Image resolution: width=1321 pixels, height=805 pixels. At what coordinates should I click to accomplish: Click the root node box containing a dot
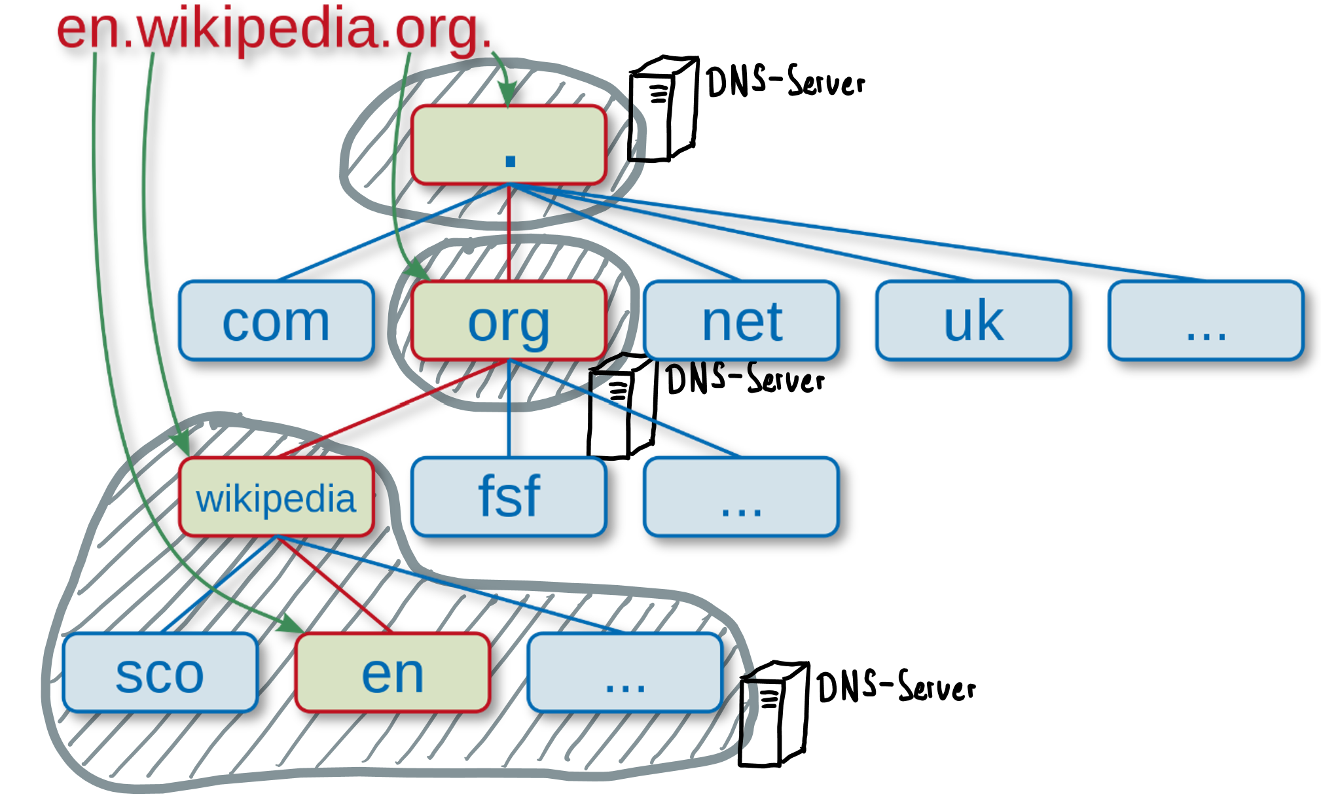509,145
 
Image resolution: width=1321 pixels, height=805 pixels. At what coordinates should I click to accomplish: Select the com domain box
276,321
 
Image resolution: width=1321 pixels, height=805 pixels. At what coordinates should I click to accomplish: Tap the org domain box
509,321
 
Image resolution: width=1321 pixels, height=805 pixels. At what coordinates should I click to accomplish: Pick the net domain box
741,321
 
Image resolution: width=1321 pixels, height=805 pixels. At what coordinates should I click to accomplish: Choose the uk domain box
973,321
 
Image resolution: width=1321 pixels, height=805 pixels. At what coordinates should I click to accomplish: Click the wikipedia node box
276,497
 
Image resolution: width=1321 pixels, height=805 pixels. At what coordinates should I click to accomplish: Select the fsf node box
509,497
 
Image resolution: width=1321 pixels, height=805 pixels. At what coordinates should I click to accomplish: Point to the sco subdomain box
160,673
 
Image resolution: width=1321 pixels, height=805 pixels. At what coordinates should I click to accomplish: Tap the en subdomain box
393,673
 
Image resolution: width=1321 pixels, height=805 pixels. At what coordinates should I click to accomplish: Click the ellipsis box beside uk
1206,321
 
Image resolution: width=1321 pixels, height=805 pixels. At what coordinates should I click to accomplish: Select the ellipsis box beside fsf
741,497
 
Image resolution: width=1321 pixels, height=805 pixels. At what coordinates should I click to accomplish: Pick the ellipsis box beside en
625,673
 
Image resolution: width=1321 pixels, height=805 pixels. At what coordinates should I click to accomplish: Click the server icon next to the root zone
662,109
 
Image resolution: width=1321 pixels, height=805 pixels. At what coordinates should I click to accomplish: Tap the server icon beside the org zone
621,406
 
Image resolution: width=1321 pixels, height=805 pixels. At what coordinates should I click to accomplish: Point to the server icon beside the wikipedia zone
773,713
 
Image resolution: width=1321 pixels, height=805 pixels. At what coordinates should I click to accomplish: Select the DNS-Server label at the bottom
896,687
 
